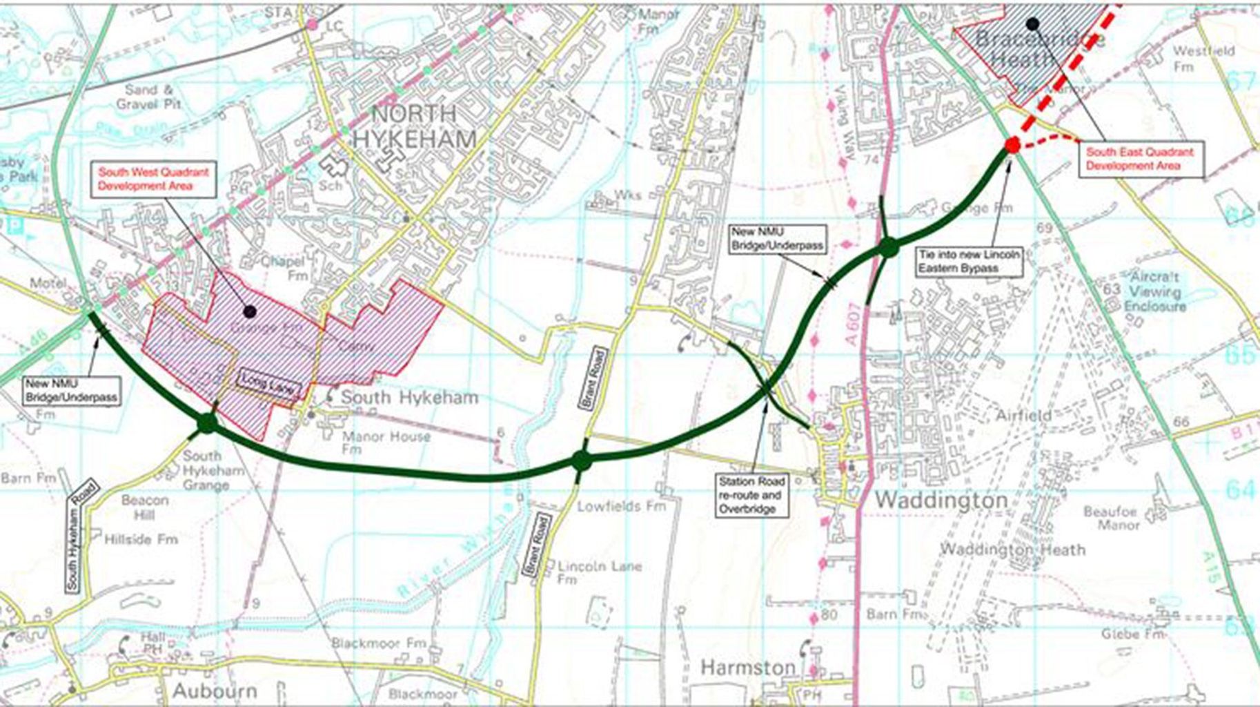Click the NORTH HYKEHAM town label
[414, 126]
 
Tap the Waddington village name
[941, 500]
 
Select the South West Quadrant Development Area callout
[153, 179]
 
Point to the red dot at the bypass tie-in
[1012, 145]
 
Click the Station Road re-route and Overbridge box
[751, 495]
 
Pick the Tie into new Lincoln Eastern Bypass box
[968, 262]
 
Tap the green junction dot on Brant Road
[582, 459]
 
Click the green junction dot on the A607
[888, 247]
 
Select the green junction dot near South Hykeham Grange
[206, 423]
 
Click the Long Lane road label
[270, 384]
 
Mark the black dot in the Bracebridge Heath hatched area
[1032, 24]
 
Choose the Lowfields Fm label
[621, 506]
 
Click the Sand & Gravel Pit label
[149, 97]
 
